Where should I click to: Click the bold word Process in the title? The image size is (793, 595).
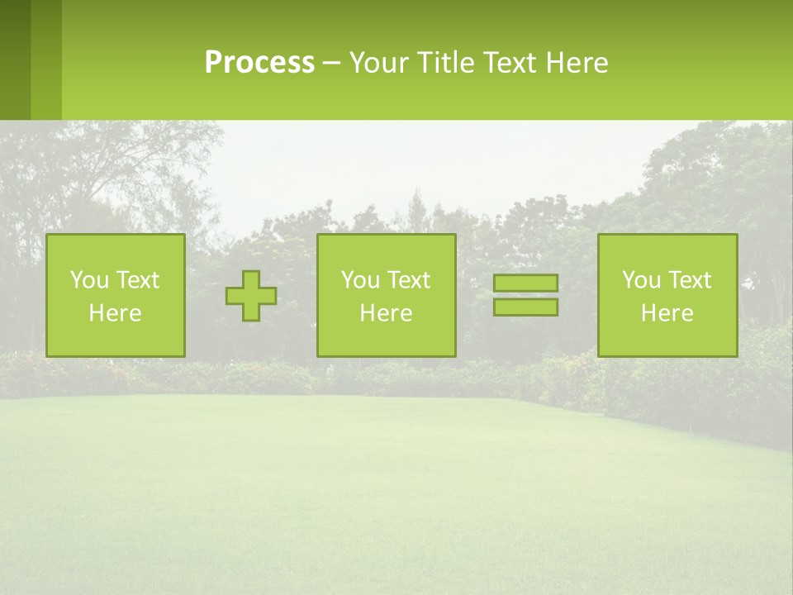[x=259, y=63]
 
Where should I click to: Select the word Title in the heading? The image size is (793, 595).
[x=447, y=63]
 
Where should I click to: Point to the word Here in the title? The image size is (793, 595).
[x=577, y=63]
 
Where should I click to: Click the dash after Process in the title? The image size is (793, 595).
[x=331, y=64]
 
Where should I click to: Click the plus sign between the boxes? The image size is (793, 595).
[x=252, y=296]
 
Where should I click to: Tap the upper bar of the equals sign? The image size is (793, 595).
[x=525, y=283]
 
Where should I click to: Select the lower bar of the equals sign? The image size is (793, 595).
[x=525, y=307]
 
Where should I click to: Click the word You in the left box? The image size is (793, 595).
[x=89, y=280]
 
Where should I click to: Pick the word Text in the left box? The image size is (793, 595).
[x=137, y=280]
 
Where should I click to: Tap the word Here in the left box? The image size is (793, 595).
[x=115, y=313]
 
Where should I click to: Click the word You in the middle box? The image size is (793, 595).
[x=360, y=280]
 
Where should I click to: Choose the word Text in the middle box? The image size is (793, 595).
[x=408, y=280]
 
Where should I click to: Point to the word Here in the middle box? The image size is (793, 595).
[x=386, y=313]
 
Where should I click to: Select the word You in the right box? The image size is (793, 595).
[x=641, y=280]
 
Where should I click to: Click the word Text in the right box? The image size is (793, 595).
[x=689, y=280]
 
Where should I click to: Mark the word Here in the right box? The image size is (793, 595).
[x=667, y=313]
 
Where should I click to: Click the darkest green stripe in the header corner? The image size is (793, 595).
[x=15, y=59]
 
